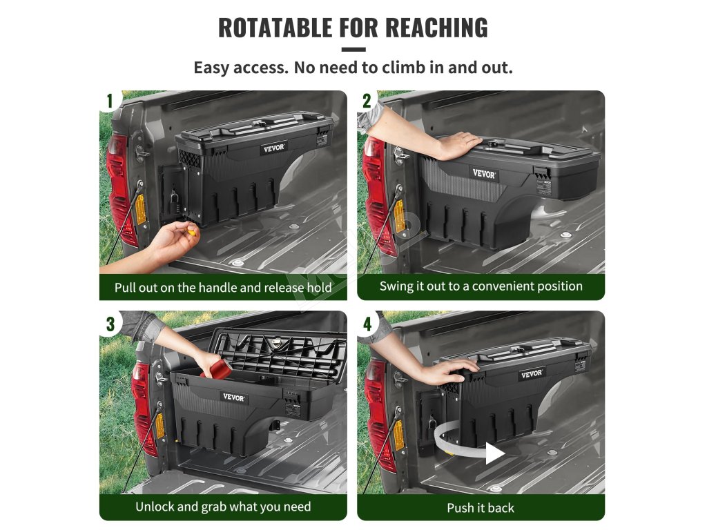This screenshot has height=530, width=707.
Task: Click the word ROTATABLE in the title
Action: click(275, 28)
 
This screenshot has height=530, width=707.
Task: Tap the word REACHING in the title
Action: click(436, 28)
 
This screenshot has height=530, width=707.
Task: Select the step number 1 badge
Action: click(110, 101)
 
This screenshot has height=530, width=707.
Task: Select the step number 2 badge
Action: click(367, 101)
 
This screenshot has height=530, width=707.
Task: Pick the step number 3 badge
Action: click(110, 324)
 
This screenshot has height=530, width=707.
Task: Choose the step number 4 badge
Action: click(367, 324)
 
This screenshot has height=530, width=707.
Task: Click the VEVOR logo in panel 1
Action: click(273, 148)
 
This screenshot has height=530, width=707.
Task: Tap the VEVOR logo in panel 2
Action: click(484, 173)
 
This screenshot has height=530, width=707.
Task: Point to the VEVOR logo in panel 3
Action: click(233, 397)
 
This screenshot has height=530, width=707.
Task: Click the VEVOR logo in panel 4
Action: click(532, 373)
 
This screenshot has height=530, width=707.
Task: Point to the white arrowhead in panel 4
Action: click(494, 453)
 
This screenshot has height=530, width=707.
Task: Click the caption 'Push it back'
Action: click(481, 508)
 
